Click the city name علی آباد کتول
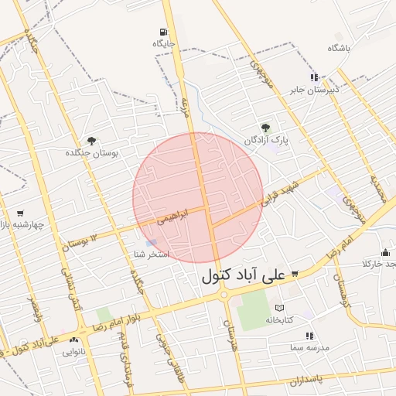(244, 275)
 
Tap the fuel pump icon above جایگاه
(162, 32)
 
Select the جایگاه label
(164, 44)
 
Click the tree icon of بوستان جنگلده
(92, 141)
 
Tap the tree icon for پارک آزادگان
(266, 128)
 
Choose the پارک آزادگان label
(265, 141)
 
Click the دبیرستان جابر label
(314, 90)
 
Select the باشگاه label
(339, 48)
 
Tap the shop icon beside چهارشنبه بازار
(20, 213)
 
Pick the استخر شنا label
(152, 254)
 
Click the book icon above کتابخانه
(280, 307)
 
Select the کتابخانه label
(281, 319)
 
